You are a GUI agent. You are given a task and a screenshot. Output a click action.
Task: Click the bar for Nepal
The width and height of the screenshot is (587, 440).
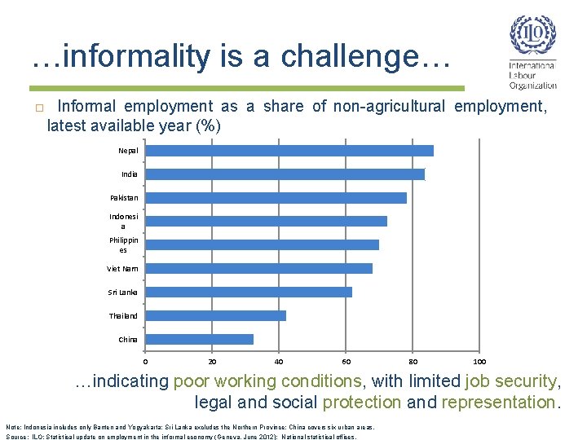(289, 151)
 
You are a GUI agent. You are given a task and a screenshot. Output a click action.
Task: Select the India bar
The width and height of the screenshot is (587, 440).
(285, 174)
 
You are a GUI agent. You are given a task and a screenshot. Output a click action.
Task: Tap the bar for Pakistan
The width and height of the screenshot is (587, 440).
(276, 198)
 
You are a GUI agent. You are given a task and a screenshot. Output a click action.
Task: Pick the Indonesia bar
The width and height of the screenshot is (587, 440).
(267, 221)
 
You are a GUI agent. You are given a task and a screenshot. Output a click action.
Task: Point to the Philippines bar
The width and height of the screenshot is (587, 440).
(263, 244)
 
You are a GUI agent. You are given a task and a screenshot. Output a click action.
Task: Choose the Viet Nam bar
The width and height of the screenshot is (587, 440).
(259, 268)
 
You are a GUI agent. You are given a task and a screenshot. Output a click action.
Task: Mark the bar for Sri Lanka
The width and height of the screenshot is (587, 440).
(249, 292)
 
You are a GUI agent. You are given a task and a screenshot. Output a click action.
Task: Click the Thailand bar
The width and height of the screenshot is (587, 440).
(216, 315)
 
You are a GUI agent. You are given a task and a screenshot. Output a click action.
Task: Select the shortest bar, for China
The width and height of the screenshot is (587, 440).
(200, 339)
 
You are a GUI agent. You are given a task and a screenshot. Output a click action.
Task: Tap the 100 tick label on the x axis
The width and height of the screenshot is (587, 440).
(479, 361)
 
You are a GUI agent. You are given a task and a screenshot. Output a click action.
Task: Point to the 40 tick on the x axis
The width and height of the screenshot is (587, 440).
(280, 361)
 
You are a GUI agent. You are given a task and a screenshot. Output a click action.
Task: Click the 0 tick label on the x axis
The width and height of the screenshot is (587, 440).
(146, 361)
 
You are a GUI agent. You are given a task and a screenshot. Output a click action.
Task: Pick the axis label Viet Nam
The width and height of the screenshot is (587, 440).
(122, 268)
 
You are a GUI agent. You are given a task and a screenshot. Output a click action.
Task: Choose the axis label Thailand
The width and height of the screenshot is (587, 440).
(123, 315)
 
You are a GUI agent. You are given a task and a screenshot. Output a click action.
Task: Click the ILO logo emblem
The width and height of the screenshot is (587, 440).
(532, 34)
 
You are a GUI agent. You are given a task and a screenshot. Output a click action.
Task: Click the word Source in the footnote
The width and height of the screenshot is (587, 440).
(15, 436)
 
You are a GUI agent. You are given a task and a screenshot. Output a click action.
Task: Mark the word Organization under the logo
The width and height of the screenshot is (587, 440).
(533, 85)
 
